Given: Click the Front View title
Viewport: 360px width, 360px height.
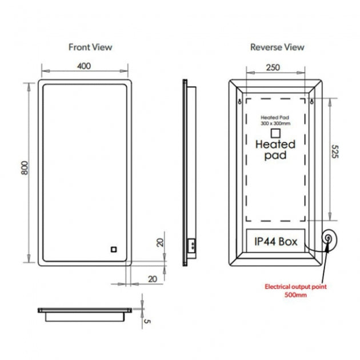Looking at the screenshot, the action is (x=90, y=47).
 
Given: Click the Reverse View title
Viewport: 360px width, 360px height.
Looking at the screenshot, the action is (x=277, y=47).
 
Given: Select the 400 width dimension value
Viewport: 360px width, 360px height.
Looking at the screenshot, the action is (x=84, y=66).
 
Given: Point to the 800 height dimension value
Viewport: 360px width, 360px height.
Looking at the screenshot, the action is (x=25, y=168).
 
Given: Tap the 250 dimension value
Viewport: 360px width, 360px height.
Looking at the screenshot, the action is (x=273, y=67).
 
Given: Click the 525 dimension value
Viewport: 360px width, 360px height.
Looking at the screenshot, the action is (x=335, y=151).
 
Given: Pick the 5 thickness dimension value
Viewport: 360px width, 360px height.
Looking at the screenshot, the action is (x=147, y=321).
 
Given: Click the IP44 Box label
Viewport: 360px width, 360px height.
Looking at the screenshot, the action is (x=276, y=242).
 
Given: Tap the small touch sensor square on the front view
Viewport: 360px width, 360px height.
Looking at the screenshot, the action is (x=114, y=249).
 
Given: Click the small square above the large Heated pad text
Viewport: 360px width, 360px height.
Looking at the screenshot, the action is (x=275, y=133).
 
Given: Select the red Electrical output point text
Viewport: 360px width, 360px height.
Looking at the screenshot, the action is (x=295, y=286).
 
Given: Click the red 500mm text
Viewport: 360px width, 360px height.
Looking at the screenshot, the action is (x=295, y=295).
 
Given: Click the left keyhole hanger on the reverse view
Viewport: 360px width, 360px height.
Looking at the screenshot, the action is (x=239, y=101).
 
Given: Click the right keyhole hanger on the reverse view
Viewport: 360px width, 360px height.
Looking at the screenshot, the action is (x=311, y=101).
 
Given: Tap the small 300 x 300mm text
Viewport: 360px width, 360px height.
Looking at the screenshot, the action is (x=275, y=123).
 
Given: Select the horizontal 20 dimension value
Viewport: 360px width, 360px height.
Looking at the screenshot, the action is (x=153, y=279).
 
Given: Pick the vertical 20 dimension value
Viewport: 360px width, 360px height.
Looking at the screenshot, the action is (x=160, y=243).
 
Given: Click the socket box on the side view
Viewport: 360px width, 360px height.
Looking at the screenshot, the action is (x=191, y=245).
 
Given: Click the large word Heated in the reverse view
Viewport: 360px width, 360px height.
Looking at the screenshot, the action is (x=275, y=145).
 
